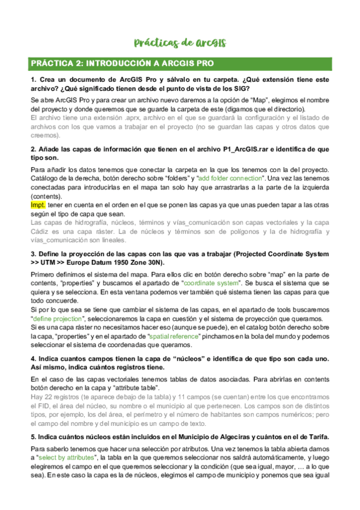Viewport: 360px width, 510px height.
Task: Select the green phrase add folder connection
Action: (231, 179)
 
